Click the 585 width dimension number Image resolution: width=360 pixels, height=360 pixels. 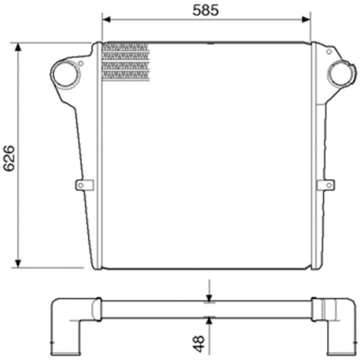pos(203,10)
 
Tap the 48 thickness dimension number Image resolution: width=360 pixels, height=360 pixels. pos(199,344)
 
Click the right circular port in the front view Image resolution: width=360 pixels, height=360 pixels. pos(340,75)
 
